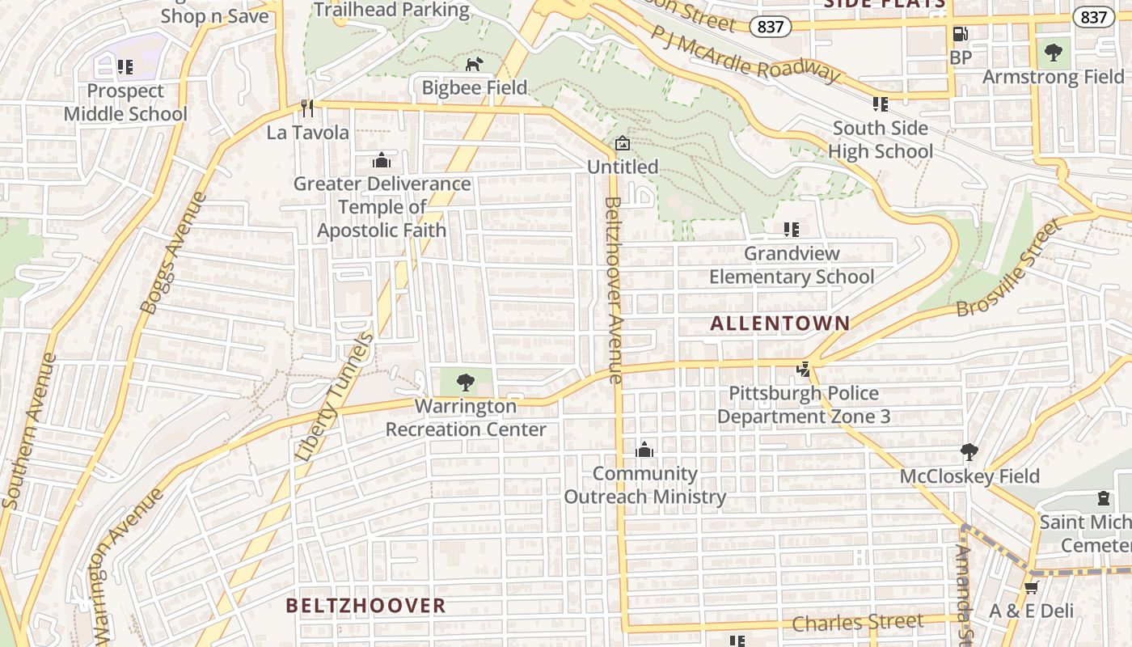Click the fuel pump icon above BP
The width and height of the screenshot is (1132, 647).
point(960,34)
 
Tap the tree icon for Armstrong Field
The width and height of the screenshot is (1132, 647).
point(1053,53)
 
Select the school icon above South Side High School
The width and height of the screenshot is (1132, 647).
point(880,104)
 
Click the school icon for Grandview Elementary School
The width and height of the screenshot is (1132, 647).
point(791,230)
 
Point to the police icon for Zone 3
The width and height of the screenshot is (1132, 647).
point(803,370)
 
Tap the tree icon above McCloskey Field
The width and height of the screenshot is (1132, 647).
point(969,451)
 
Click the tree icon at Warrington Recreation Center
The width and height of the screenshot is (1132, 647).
point(465,382)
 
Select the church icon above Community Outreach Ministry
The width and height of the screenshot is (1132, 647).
point(644,450)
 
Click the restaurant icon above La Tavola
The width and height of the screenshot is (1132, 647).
point(306,108)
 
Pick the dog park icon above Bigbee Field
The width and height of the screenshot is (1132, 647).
point(474,64)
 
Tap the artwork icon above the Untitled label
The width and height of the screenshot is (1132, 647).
point(622,143)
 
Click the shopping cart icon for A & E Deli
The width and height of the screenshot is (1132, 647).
point(1031,586)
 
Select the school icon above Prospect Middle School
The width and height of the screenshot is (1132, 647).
point(125,66)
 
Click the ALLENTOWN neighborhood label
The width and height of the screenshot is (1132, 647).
point(780,323)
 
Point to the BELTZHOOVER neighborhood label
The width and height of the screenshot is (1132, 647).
point(365,606)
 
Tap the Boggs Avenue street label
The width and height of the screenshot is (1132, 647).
point(173,252)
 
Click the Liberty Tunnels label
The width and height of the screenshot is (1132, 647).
point(334,396)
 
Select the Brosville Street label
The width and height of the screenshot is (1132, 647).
point(1008,268)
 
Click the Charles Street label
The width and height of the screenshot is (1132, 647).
point(857,623)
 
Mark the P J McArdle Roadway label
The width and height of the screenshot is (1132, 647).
point(746,53)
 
